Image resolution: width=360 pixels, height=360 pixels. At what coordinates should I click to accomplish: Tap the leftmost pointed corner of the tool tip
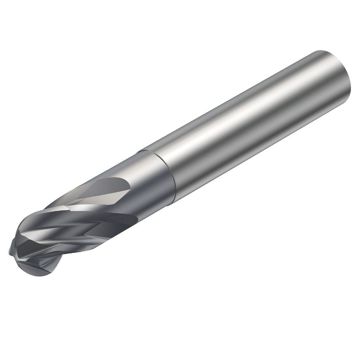pos(10,252)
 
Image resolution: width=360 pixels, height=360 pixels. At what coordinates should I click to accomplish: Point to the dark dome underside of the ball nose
pos(42,270)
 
